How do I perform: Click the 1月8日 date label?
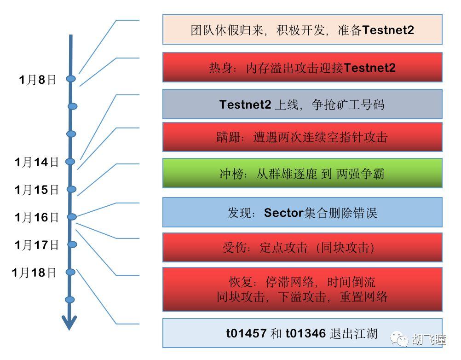37,80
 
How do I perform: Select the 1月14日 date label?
36,162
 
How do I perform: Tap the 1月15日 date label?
36,190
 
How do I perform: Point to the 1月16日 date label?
36,217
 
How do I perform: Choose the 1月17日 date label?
36,245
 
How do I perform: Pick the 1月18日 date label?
34,273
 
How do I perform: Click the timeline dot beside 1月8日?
71,79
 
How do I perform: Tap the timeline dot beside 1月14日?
70,162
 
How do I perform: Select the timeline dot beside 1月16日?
72,217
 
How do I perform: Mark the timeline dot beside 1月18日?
70,272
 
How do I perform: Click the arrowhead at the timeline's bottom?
69,323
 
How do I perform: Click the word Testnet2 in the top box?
388,30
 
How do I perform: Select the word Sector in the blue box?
284,213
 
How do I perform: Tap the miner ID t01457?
247,333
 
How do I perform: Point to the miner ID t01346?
306,333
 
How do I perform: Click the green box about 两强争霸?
302,173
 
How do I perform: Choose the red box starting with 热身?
302,67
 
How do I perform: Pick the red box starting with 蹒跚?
302,137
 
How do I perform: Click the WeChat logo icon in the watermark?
399,339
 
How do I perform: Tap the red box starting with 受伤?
302,247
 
